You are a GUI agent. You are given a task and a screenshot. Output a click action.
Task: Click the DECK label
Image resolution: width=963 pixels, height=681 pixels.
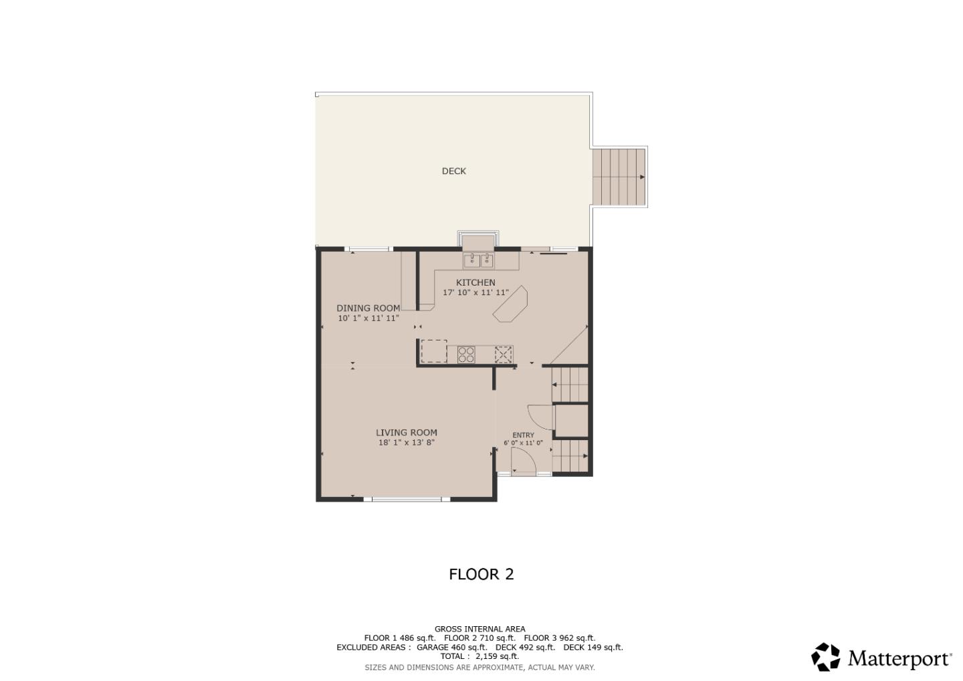pyautogui.click(x=453, y=171)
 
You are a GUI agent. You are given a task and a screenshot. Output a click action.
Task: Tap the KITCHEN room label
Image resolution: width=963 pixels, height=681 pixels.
pyautogui.click(x=475, y=282)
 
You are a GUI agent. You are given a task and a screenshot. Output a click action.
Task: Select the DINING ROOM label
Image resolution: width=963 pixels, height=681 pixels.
pyautogui.click(x=368, y=308)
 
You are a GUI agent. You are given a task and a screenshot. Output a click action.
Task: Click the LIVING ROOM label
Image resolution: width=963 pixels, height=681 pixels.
pyautogui.click(x=406, y=433)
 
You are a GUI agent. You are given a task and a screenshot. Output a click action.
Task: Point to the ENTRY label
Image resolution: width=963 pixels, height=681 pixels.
pyautogui.click(x=523, y=435)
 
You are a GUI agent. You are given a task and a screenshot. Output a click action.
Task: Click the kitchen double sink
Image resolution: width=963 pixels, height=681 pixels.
pyautogui.click(x=479, y=260)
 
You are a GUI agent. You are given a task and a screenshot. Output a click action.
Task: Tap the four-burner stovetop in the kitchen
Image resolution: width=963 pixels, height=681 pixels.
pyautogui.click(x=466, y=355)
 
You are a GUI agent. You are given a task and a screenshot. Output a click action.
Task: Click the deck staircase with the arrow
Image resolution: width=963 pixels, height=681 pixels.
pyautogui.click(x=619, y=177)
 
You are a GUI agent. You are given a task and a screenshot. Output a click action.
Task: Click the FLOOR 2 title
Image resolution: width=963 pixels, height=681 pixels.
pyautogui.click(x=481, y=574)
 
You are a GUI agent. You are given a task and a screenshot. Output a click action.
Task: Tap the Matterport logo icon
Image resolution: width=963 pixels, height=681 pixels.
pyautogui.click(x=826, y=657)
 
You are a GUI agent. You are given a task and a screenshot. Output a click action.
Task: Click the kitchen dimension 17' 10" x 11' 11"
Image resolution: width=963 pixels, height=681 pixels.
pyautogui.click(x=475, y=293)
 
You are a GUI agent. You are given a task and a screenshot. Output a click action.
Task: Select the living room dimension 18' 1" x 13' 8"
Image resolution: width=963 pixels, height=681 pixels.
pyautogui.click(x=406, y=443)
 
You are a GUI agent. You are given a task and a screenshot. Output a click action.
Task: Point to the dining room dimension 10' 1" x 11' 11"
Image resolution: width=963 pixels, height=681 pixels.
pyautogui.click(x=368, y=318)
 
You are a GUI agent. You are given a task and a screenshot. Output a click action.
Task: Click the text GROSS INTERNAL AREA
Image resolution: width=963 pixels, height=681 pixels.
pyautogui.click(x=479, y=629)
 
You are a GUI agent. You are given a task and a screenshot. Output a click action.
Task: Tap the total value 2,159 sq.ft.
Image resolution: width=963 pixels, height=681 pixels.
pyautogui.click(x=497, y=656)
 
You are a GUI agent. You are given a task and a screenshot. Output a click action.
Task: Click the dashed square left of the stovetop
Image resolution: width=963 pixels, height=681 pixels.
pyautogui.click(x=433, y=351)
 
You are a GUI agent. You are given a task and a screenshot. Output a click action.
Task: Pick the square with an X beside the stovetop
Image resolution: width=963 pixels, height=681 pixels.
pyautogui.click(x=504, y=354)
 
